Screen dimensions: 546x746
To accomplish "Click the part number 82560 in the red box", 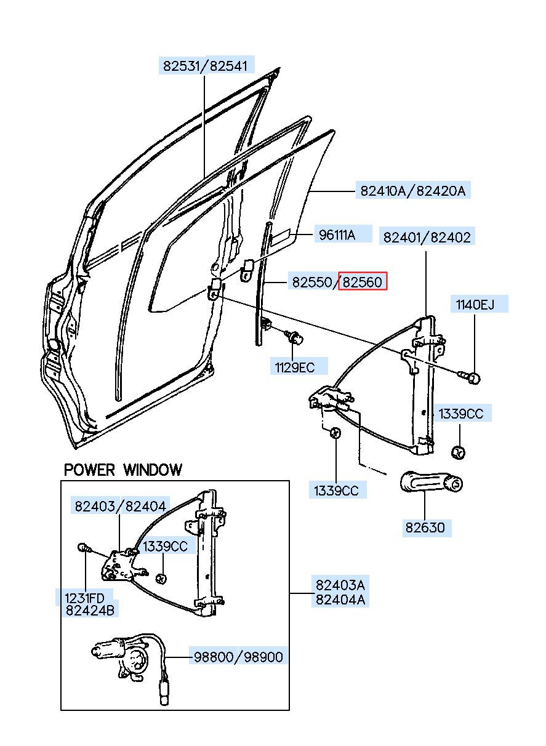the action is click(x=362, y=282).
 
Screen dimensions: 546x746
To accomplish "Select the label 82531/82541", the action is click(x=206, y=66).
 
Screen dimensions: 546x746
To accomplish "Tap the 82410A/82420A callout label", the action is click(x=413, y=191).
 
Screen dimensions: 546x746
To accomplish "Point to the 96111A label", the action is click(x=337, y=235).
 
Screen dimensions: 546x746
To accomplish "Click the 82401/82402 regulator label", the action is click(x=427, y=237).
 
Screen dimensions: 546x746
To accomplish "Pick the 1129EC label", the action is click(x=295, y=367).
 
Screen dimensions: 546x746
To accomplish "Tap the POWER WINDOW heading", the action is click(x=123, y=470).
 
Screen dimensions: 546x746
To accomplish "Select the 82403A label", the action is click(x=340, y=585).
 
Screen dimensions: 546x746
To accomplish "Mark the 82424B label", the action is click(x=90, y=610).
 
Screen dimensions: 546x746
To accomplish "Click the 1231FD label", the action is click(x=84, y=598).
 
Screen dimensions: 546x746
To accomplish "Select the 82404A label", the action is click(x=340, y=600).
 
